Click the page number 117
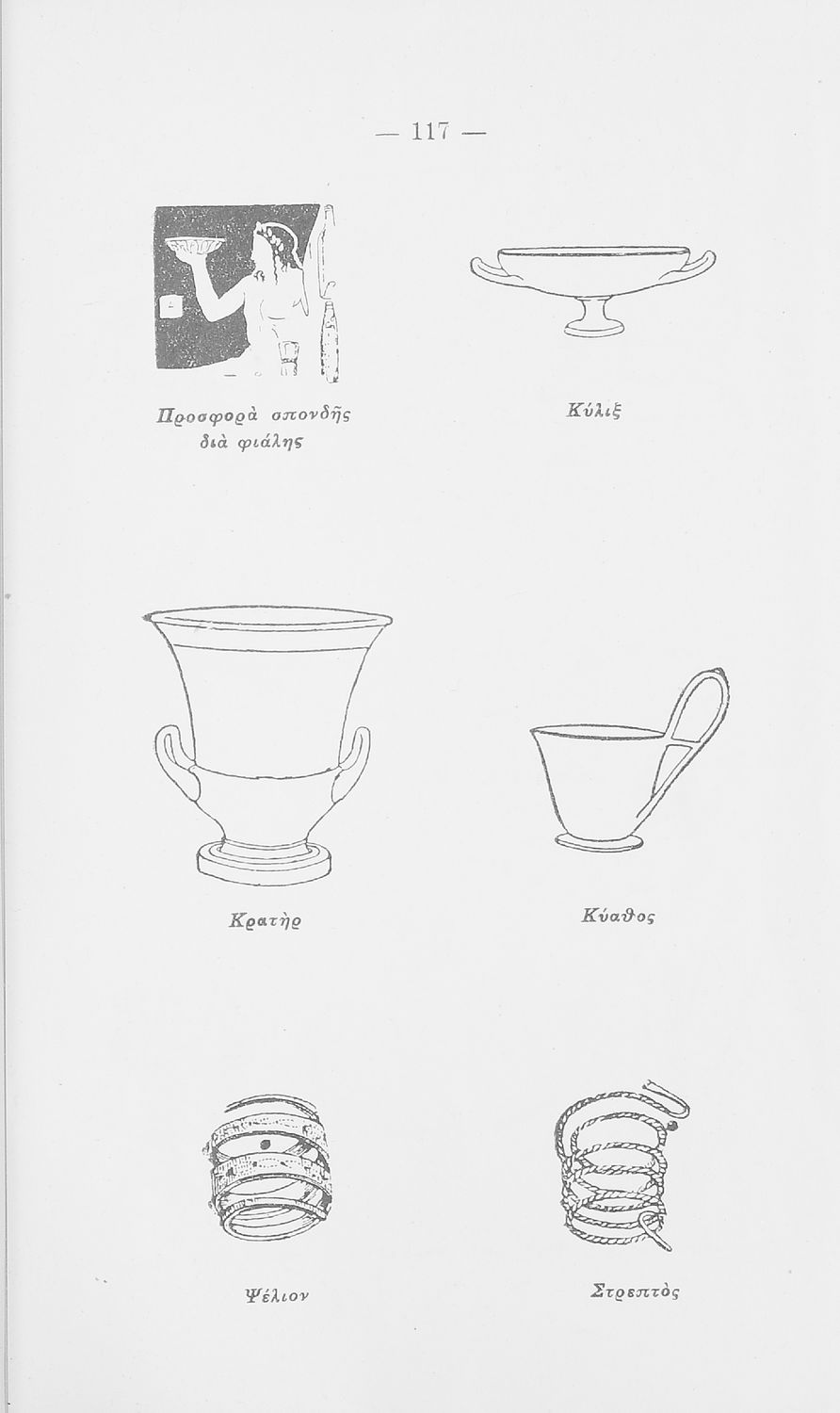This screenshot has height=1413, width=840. tap(430, 132)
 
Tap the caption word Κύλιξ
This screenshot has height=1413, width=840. tap(593, 412)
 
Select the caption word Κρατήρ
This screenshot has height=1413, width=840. tap(265, 919)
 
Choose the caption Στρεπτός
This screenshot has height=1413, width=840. tap(635, 1291)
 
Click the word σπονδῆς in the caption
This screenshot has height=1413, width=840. tap(310, 415)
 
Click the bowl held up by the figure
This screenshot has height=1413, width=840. tap(194, 246)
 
